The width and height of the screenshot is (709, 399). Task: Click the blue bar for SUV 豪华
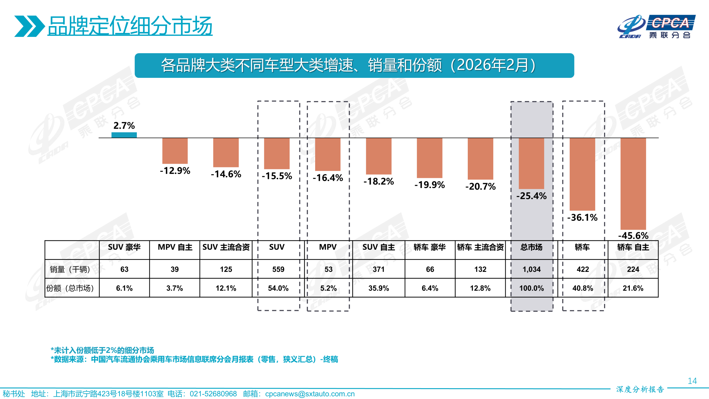tap(124, 135)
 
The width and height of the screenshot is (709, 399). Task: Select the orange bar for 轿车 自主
tap(633, 183)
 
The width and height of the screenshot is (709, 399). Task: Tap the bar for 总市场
tap(531, 163)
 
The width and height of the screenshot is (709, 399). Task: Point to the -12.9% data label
tap(175, 171)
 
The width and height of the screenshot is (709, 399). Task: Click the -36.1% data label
tap(582, 218)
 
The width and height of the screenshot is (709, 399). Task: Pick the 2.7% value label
tap(124, 126)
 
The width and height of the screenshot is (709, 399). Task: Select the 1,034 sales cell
tap(531, 269)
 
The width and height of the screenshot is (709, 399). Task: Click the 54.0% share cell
tap(278, 288)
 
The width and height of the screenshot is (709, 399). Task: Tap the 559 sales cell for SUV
tap(278, 269)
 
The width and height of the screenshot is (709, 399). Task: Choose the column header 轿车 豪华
tap(430, 247)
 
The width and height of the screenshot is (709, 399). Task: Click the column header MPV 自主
tap(175, 247)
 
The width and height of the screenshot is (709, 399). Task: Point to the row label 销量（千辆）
tap(70, 269)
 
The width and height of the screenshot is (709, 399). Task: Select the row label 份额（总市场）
tap(70, 288)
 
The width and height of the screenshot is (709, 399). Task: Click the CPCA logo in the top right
tap(656, 27)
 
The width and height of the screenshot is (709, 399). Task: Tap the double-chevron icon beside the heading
tap(29, 26)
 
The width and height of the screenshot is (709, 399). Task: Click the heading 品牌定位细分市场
tap(130, 26)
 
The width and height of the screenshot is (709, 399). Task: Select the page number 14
tap(692, 381)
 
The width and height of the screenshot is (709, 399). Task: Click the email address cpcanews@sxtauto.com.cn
tap(310, 394)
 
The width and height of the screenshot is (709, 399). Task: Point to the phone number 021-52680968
tap(213, 394)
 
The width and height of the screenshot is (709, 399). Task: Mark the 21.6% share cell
tap(633, 288)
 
